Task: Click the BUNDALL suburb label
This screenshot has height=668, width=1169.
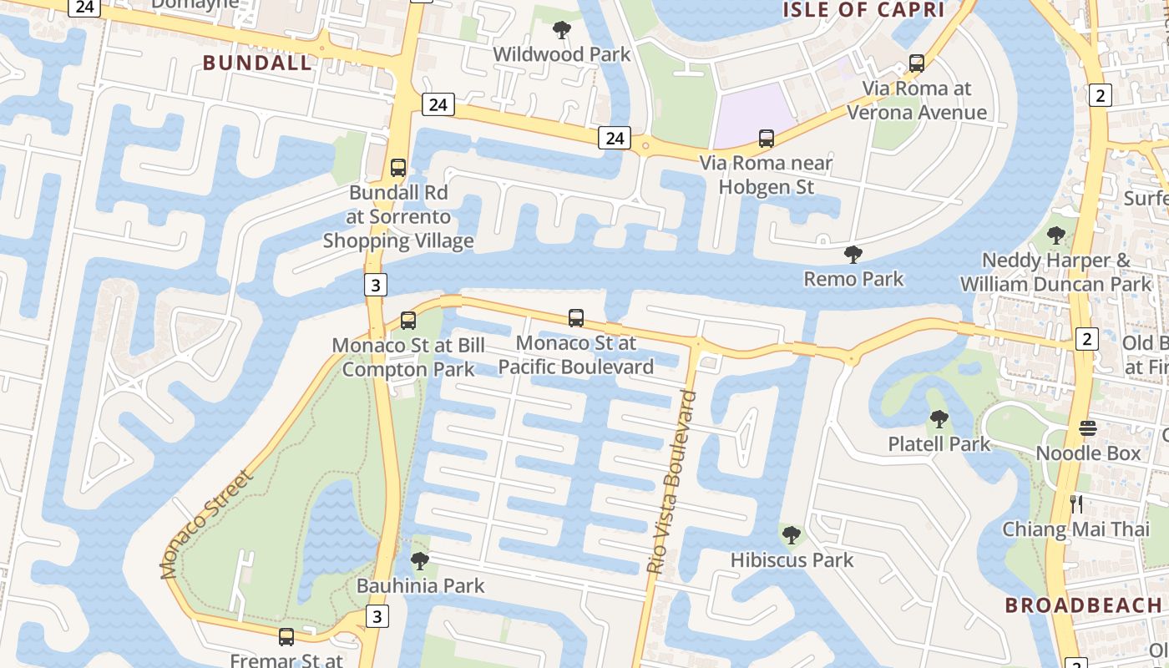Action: (257, 63)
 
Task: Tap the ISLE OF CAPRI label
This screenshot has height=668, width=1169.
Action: (863, 10)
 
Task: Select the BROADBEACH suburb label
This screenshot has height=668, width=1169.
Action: (1083, 605)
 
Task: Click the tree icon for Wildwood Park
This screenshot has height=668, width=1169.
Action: (562, 30)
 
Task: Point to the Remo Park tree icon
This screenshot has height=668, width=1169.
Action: (853, 254)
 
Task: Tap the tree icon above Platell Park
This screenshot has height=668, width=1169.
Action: (939, 419)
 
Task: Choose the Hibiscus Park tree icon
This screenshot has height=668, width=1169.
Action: (791, 534)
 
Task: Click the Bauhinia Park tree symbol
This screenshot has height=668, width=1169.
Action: (420, 560)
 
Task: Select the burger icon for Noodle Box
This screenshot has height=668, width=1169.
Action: (1087, 428)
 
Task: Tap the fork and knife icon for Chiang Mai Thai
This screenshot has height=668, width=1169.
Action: (1076, 504)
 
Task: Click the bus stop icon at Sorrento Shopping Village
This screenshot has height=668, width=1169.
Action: (398, 168)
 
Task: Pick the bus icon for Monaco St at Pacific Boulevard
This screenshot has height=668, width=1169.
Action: (576, 318)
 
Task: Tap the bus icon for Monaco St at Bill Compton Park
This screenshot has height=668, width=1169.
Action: (408, 320)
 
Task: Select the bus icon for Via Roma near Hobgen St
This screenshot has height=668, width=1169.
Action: (766, 139)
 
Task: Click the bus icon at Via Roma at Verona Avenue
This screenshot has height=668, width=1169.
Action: (916, 63)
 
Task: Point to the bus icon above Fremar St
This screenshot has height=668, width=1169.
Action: (286, 637)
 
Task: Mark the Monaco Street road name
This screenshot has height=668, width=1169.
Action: (205, 525)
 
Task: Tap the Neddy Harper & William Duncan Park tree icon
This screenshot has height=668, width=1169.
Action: (1055, 235)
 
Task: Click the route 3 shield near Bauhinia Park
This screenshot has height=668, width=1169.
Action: (377, 617)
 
